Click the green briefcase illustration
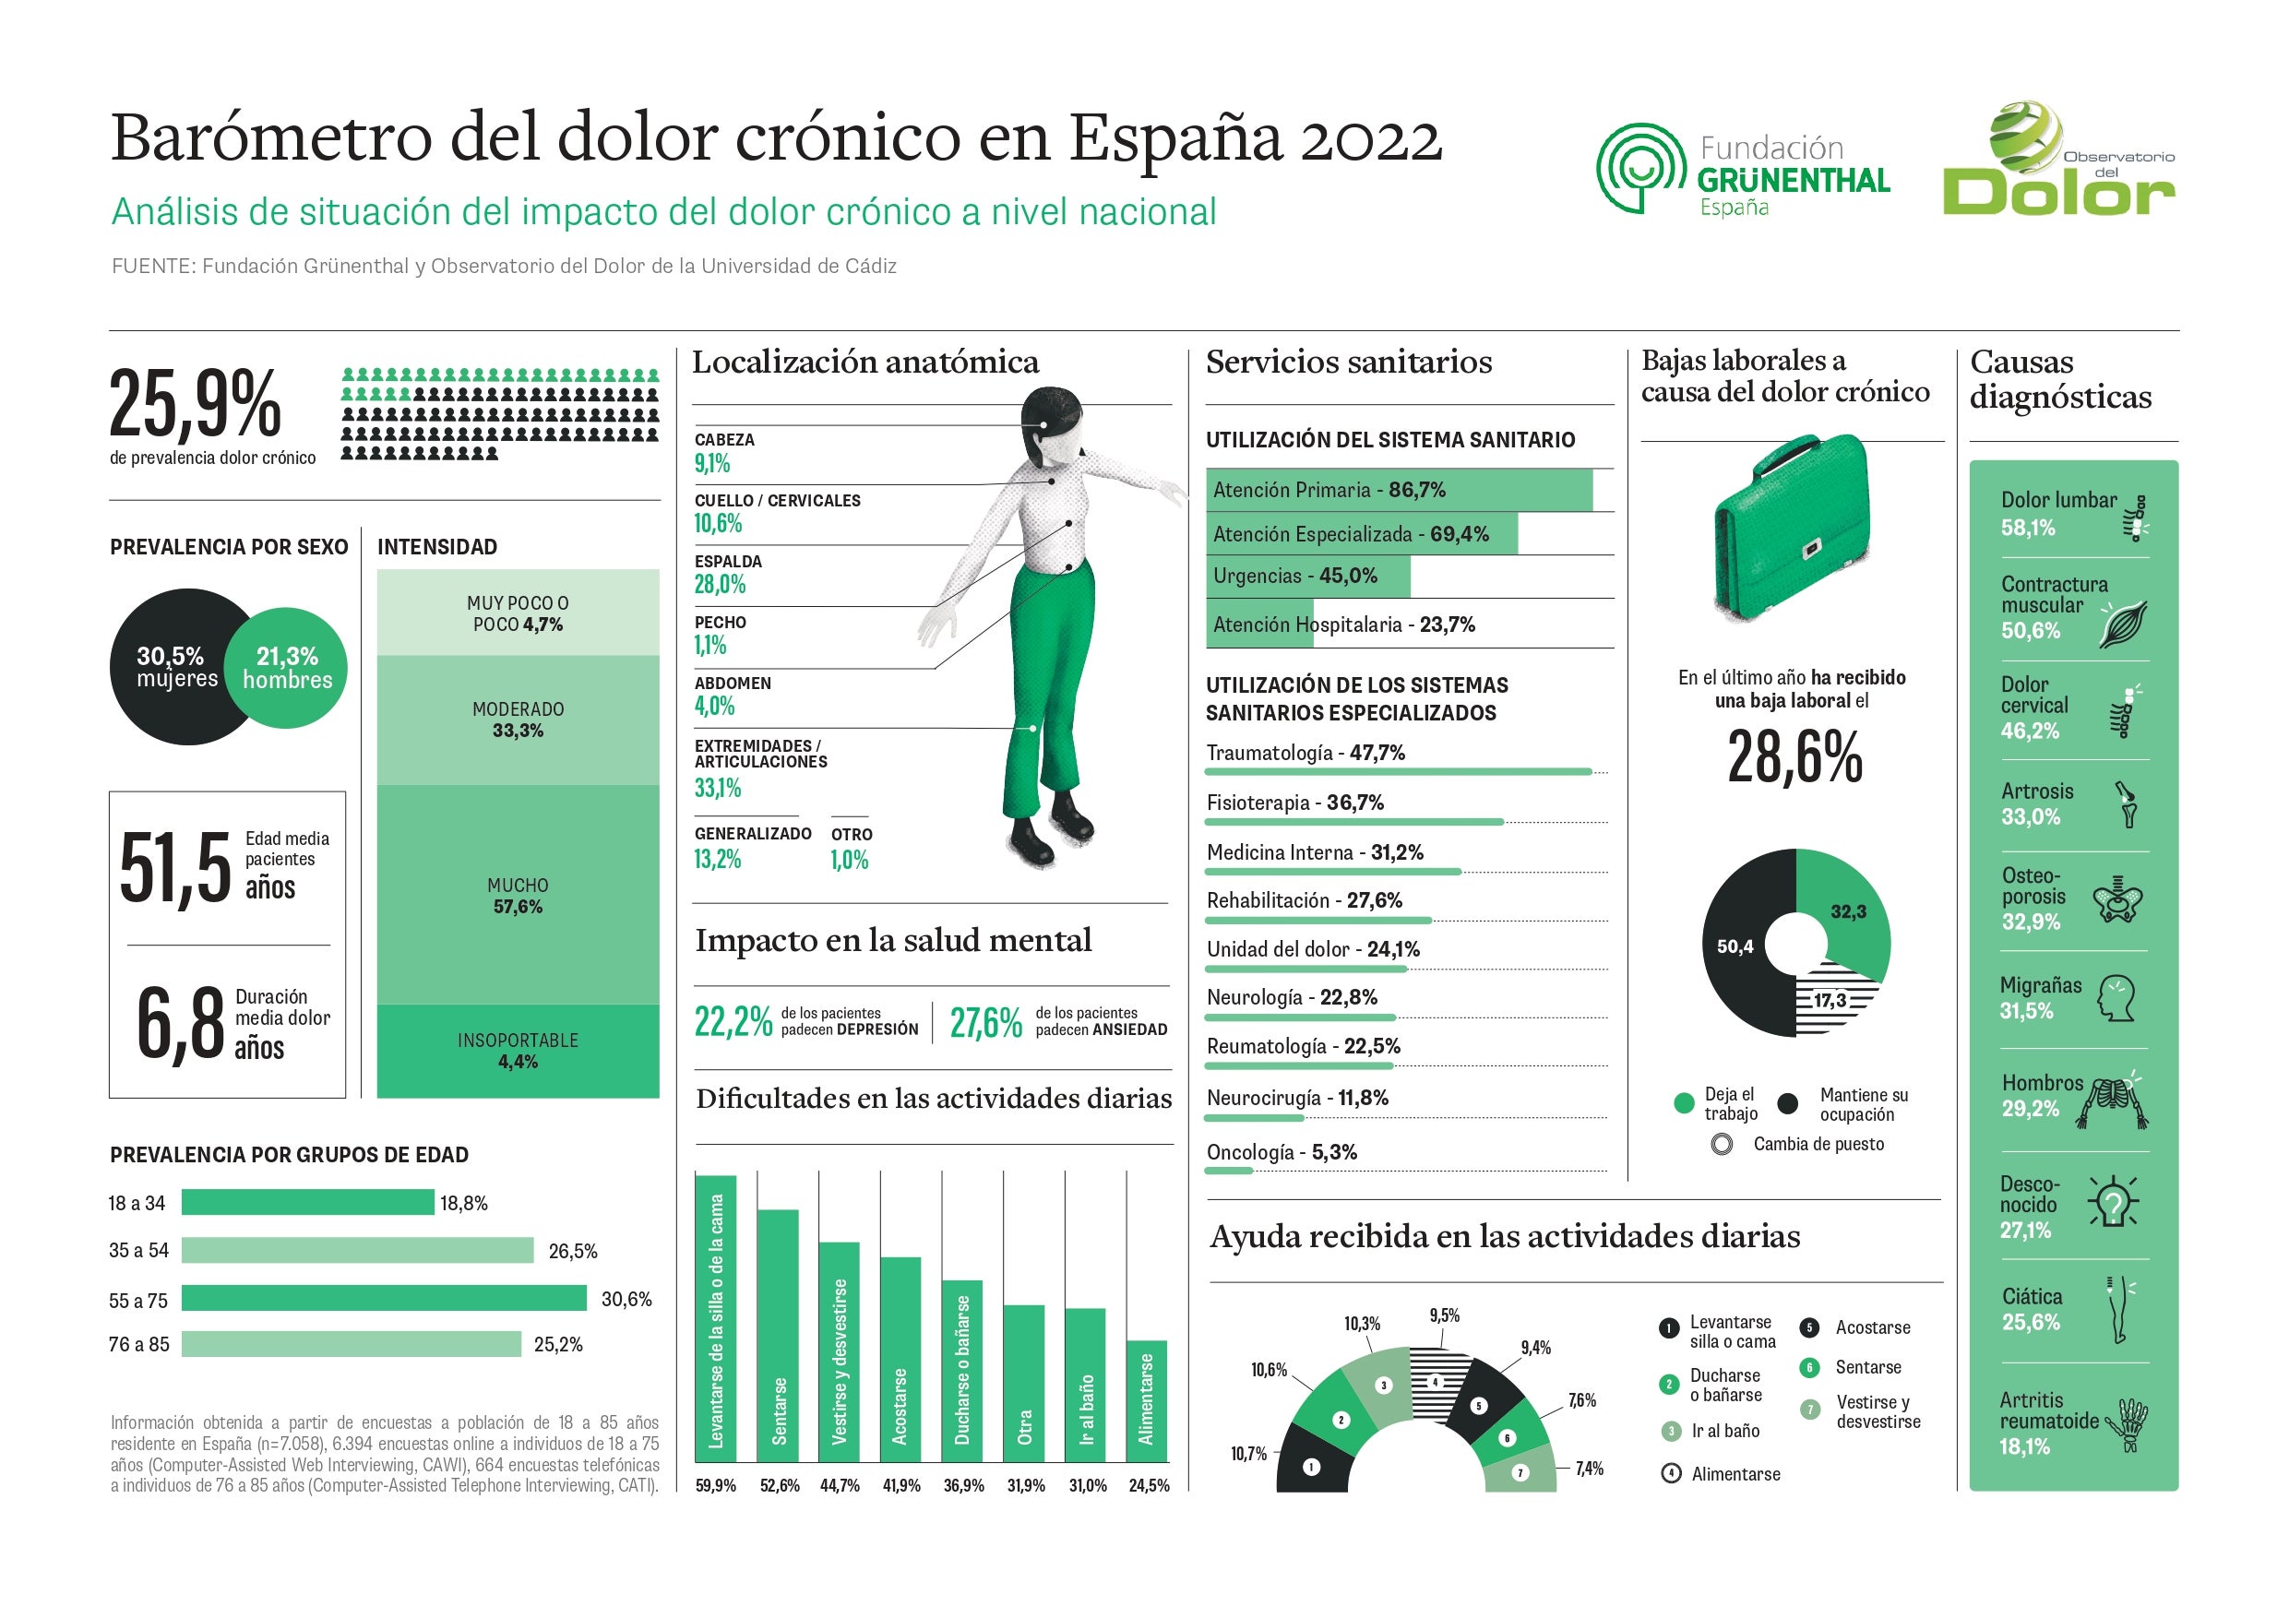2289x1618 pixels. pos(1792,528)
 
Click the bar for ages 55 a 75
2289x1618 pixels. pos(384,1298)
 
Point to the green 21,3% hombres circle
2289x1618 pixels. pos(287,668)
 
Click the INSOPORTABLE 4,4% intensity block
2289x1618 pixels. pos(518,1051)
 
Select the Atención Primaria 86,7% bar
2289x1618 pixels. pos(1399,490)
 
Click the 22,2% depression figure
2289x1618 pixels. pos(733,1023)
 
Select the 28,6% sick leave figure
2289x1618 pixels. pos(1794,756)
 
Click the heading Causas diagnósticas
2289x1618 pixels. pos(2059,379)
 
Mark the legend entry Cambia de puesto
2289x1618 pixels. pos(1818,1145)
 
